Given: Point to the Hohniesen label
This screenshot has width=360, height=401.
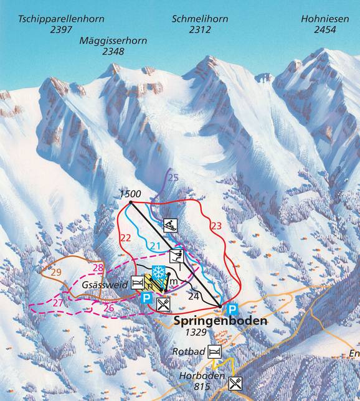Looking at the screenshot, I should pos(324,19).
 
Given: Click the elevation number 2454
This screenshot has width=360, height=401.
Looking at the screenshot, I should pos(324,30).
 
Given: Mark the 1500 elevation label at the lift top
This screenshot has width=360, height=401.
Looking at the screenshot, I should pos(130,194).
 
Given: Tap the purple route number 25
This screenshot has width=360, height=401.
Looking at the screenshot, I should pos(173,178).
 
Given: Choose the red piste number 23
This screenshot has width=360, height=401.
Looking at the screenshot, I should pos(216,227).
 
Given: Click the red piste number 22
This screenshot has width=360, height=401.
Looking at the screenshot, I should pos(126,237).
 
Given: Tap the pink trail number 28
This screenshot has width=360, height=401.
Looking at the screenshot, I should pos(98,268).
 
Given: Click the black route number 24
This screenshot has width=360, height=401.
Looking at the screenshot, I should pos(193,296).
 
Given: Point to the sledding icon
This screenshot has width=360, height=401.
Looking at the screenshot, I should pos(171,225).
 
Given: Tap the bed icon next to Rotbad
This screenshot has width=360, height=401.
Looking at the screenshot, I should pos(214,352).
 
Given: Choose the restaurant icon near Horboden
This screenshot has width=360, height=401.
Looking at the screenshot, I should pos(235,383).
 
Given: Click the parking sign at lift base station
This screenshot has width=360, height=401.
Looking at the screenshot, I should pos(232,309).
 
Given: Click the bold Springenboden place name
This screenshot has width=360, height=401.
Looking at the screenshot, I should pos(212,322).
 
